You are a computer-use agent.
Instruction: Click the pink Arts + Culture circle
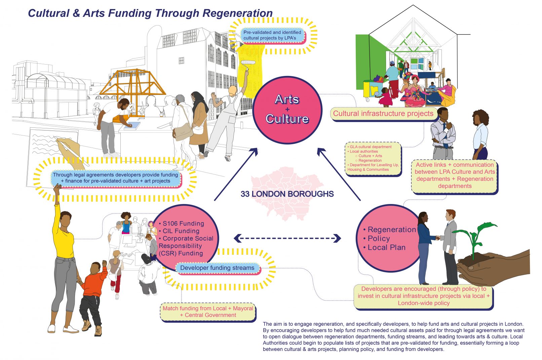tap(287, 110)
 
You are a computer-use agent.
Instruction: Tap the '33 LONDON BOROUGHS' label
tap(287, 194)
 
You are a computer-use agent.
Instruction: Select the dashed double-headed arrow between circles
tap(287, 238)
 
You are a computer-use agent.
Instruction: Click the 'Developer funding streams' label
tap(217, 268)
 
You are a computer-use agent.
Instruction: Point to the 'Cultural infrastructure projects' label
tap(383, 114)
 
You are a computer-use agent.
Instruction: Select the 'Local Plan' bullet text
tap(386, 247)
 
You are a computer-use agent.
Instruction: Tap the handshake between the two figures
tap(438, 238)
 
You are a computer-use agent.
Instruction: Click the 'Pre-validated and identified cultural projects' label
tap(272, 35)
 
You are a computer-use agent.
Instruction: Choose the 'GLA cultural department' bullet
tap(371, 147)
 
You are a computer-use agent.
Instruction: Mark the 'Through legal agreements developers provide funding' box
tap(115, 178)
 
